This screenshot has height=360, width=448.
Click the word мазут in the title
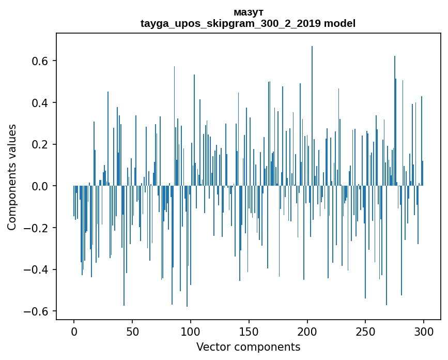tap(248, 12)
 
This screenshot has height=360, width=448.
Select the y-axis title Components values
tap(12, 177)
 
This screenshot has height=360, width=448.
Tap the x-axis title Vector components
tap(248, 347)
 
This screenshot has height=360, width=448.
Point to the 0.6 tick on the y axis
tap(41, 61)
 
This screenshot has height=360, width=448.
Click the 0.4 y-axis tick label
tap(41, 102)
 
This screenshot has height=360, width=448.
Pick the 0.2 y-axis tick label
tap(41, 144)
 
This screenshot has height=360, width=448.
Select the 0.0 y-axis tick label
tap(41, 186)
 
